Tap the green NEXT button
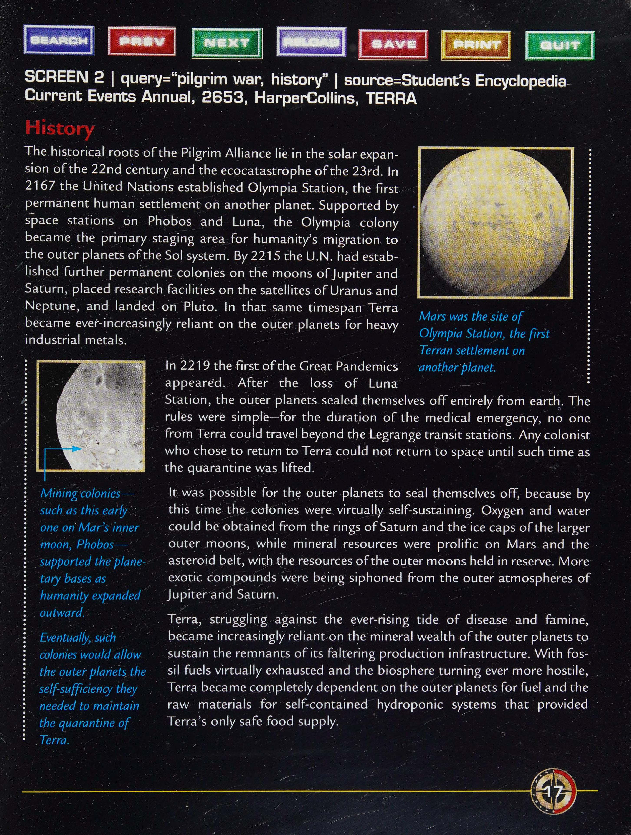point(227,43)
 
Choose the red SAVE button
point(393,44)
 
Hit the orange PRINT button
point(476,45)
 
